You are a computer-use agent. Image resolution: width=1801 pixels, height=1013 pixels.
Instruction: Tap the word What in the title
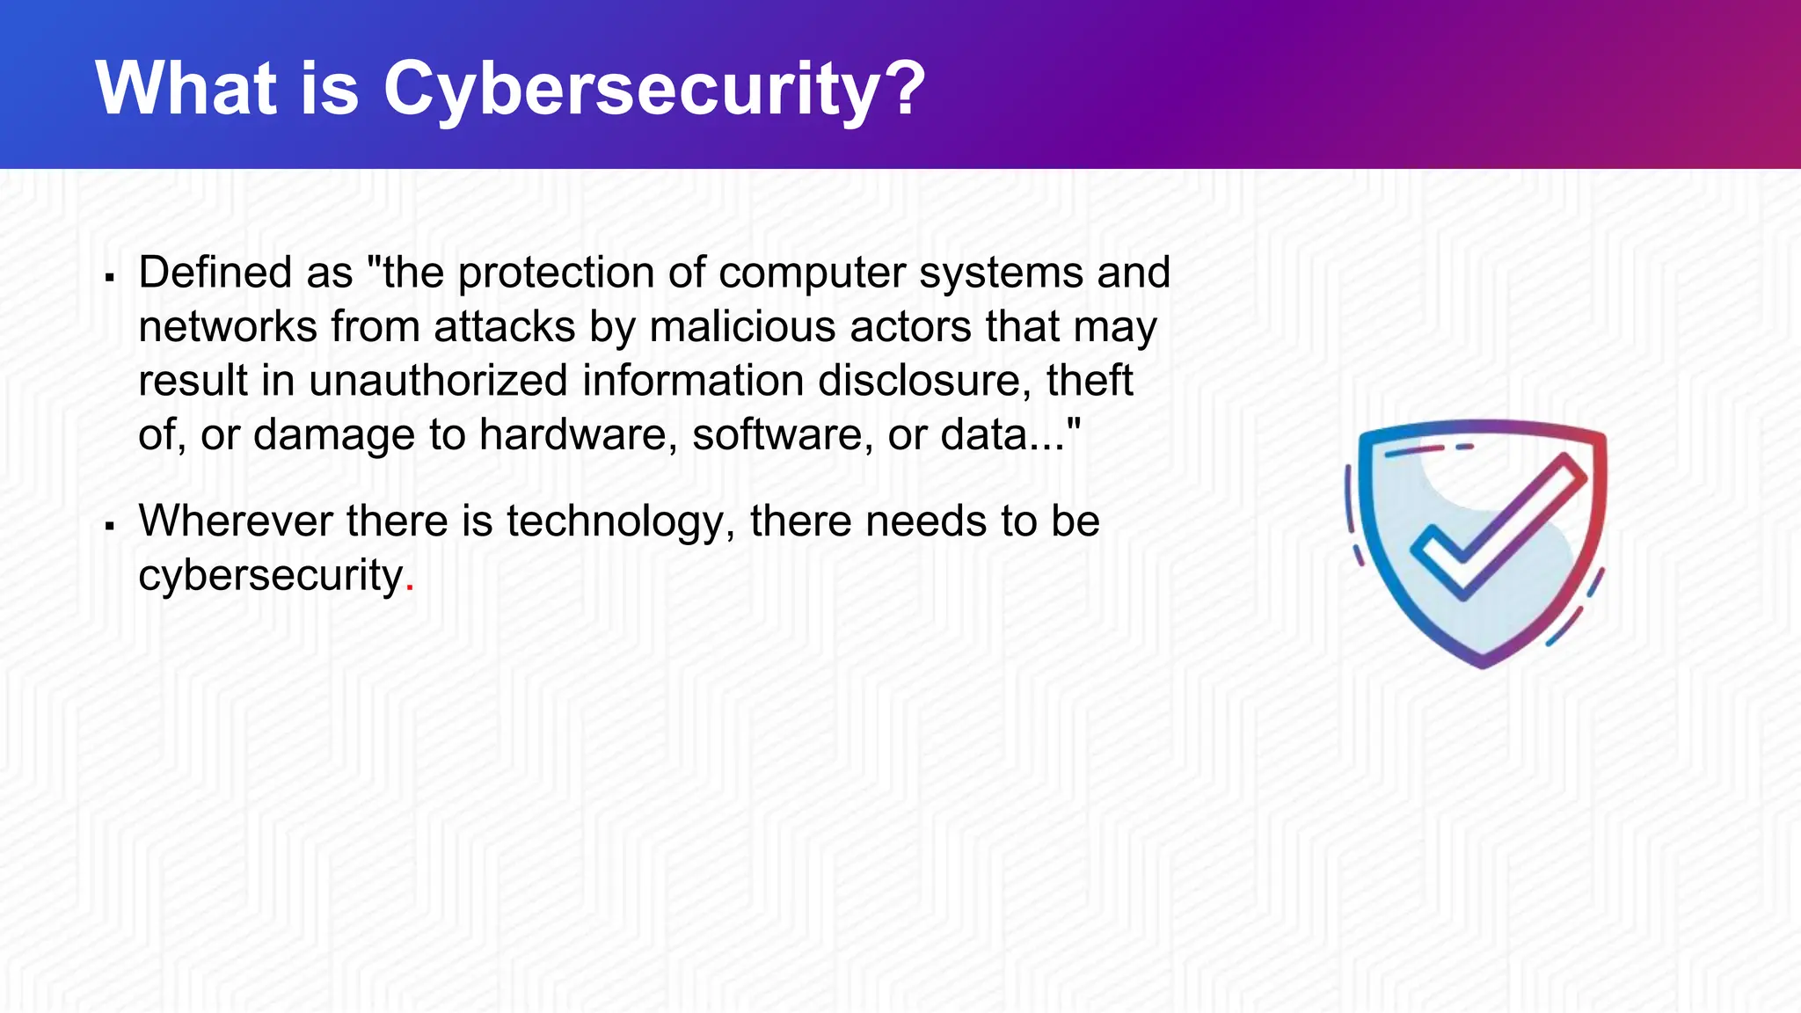coord(186,88)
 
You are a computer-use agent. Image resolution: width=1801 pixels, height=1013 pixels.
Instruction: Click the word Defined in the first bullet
coord(215,273)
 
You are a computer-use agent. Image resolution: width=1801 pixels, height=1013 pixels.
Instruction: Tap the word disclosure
coord(924,381)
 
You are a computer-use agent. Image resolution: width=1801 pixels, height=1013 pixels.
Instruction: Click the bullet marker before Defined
coord(110,278)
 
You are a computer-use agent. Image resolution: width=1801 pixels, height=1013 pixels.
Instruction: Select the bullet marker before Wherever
coord(110,527)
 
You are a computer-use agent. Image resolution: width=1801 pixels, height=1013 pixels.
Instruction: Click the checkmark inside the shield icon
coord(1495,528)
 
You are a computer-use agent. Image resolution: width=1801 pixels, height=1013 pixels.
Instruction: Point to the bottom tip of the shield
coord(1484,663)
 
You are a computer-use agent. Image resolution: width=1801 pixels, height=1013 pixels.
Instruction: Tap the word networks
coord(227,327)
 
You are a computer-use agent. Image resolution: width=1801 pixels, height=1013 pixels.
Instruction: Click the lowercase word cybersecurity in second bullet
coord(271,577)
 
